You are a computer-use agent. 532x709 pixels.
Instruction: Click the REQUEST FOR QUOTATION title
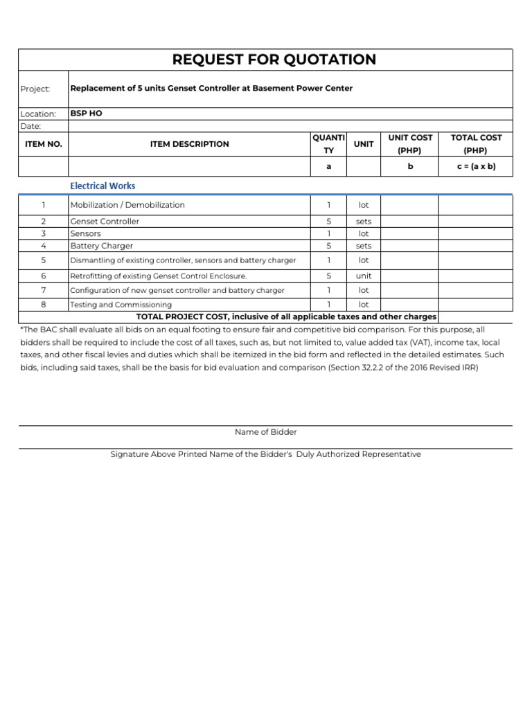274,60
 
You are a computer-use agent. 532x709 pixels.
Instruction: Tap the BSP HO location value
87,113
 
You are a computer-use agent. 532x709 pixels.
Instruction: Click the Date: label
31,126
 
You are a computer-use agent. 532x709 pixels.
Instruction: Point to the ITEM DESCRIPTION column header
189,144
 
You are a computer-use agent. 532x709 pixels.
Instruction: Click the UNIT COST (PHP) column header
410,144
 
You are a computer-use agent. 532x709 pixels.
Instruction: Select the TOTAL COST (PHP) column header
476,144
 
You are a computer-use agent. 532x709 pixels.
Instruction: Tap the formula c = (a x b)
476,167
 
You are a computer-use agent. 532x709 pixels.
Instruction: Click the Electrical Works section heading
103,186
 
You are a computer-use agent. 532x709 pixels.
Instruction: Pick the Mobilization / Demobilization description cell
127,205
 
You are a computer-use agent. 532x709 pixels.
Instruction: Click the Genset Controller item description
105,222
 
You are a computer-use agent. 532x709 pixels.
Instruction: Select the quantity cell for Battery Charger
329,246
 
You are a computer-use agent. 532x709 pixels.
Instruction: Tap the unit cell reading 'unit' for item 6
364,276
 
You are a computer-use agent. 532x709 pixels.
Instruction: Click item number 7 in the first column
43,290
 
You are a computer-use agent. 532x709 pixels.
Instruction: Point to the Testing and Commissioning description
121,305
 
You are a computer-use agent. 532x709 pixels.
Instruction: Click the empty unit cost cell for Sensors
409,234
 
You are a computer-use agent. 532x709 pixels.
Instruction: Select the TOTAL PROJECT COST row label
286,316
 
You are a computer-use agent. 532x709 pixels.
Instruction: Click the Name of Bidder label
266,432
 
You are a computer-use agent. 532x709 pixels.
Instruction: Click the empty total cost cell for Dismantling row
476,260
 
